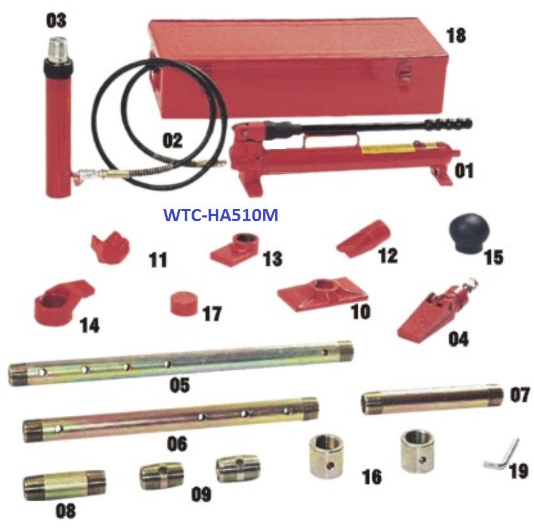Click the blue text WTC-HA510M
[x=221, y=215]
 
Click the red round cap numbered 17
[x=184, y=303]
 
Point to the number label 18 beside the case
[x=456, y=35]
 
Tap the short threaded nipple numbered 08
[x=64, y=485]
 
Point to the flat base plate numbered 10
[x=322, y=294]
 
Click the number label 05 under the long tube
[x=179, y=385]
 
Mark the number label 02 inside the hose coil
[x=172, y=140]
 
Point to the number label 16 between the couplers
[x=372, y=476]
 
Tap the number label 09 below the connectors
[x=201, y=494]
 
